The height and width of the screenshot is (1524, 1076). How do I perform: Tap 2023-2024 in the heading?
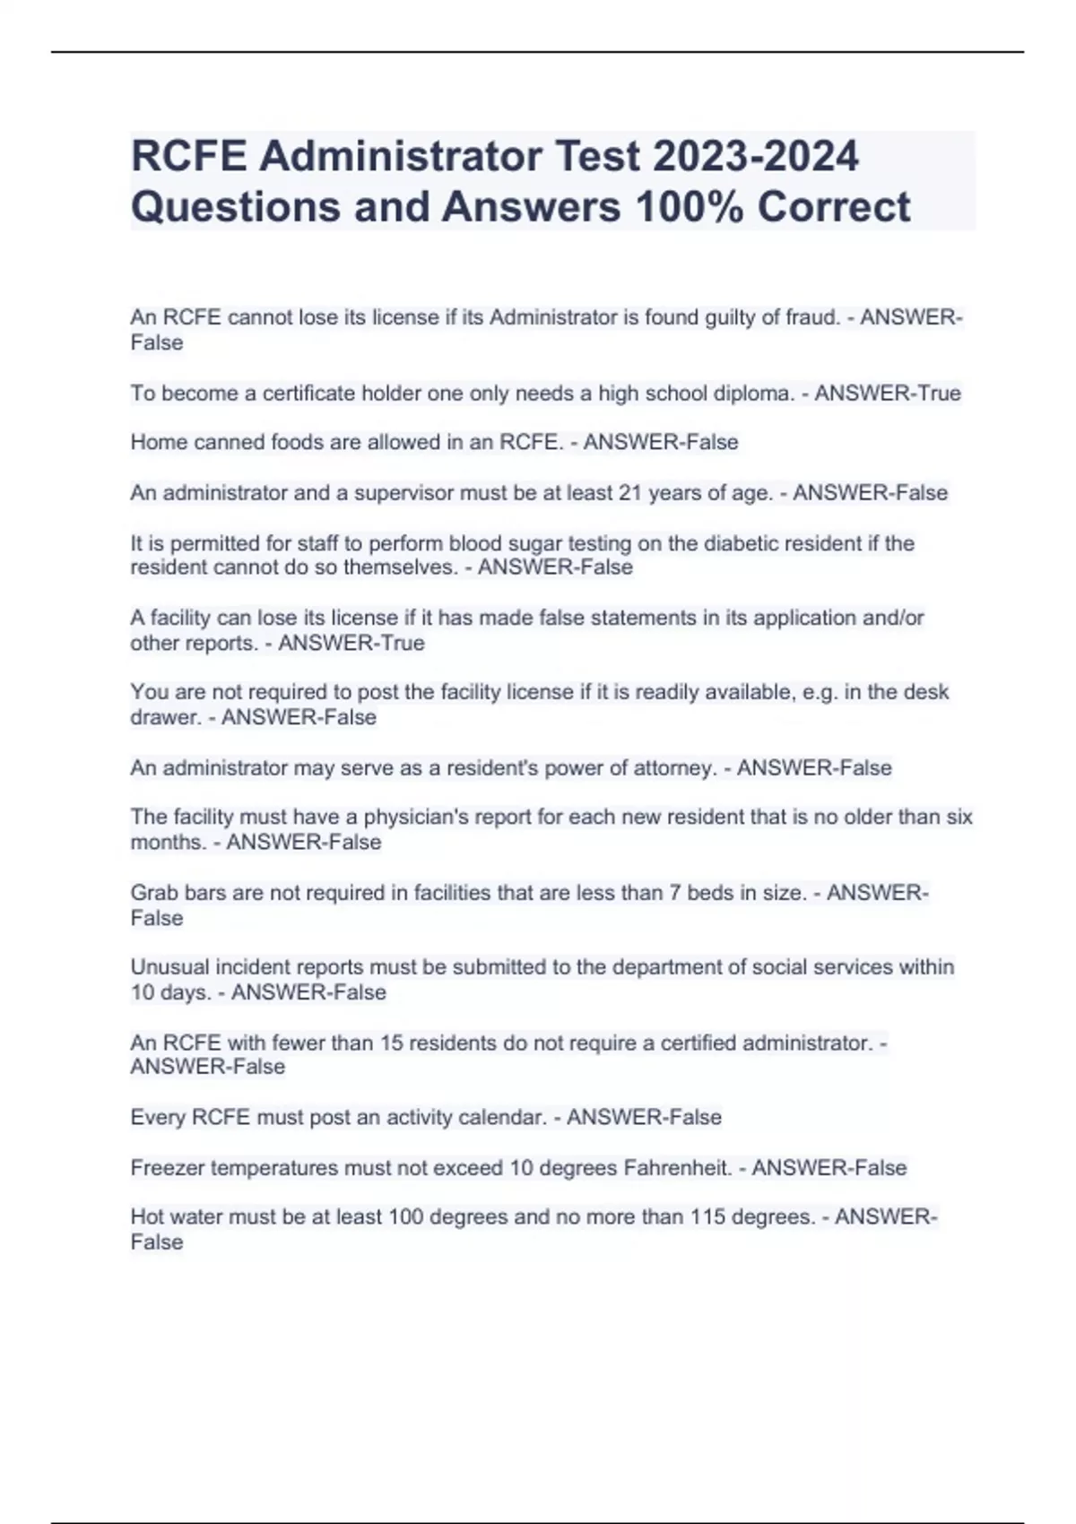(755, 156)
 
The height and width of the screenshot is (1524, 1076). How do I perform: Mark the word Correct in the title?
(834, 206)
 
